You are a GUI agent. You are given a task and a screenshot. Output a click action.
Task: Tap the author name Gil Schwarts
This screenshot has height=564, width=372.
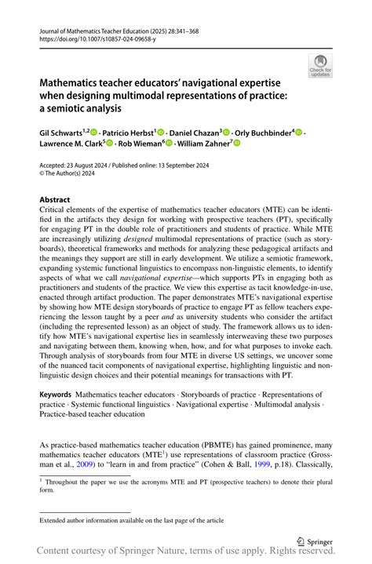64,133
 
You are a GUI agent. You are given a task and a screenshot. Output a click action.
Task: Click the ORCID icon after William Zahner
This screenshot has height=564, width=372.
235,144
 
